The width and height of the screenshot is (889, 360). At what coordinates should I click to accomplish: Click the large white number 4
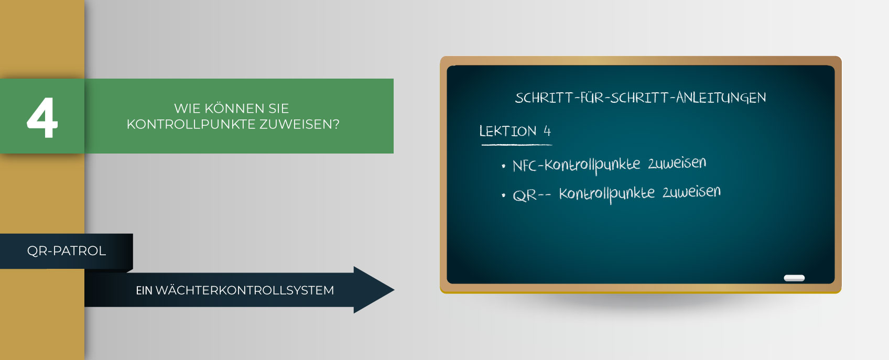[42, 117]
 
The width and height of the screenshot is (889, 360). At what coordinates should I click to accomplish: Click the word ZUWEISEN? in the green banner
[300, 124]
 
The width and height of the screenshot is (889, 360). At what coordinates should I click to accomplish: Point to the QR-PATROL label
[67, 251]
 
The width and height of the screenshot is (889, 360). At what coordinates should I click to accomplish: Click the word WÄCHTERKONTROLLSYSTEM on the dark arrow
[245, 290]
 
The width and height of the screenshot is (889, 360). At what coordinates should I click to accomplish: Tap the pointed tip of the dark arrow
[394, 290]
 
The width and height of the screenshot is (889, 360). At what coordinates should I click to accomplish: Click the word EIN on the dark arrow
[144, 290]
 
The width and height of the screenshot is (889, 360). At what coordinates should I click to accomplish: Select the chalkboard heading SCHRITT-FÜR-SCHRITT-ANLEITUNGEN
[640, 97]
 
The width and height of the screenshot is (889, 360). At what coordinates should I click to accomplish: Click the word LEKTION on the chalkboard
[507, 131]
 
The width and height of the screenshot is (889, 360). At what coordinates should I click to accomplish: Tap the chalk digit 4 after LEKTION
[547, 130]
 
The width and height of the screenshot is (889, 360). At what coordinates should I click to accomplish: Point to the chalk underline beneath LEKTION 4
[516, 145]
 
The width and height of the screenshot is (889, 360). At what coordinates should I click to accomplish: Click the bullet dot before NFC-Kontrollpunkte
[503, 166]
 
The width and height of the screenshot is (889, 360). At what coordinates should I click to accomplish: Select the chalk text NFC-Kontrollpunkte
[576, 166]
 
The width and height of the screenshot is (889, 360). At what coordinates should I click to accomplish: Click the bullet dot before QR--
[503, 195]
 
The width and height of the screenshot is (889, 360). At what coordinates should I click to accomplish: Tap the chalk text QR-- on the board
[532, 195]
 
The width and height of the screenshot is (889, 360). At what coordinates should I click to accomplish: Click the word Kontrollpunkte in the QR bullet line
[607, 194]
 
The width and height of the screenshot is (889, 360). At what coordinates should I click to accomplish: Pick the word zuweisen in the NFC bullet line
[677, 163]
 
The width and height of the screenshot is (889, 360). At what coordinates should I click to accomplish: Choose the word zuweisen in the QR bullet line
[691, 192]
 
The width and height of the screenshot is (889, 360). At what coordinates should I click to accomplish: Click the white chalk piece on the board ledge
[794, 278]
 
